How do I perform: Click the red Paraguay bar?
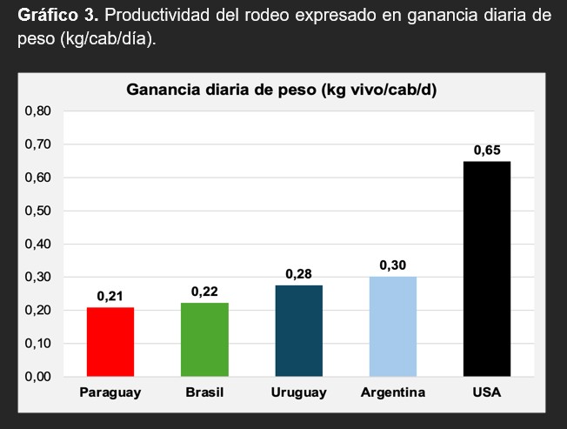[110, 342]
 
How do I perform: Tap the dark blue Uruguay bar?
[298, 331]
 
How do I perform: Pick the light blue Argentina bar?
[393, 326]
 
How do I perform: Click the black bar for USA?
[487, 269]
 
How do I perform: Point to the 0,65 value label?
[487, 151]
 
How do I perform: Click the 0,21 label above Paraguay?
[110, 297]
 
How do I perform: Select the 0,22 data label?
[204, 292]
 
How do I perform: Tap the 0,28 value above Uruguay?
[298, 274]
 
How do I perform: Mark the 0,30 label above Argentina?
[393, 265]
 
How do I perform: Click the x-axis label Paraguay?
[110, 393]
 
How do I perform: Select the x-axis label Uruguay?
[298, 393]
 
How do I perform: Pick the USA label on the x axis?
[487, 393]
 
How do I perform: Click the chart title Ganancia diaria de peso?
[281, 90]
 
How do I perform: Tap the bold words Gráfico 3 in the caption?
[53, 18]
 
